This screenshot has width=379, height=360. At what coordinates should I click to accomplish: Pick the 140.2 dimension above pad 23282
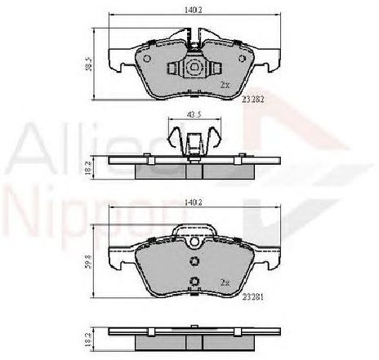pyautogui.click(x=193, y=11)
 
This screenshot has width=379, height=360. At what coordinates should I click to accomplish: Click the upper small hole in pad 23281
pyautogui.click(x=194, y=261)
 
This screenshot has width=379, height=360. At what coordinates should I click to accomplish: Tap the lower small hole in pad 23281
pyautogui.click(x=194, y=282)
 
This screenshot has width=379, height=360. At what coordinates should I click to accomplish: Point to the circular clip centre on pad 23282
pyautogui.click(x=194, y=69)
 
